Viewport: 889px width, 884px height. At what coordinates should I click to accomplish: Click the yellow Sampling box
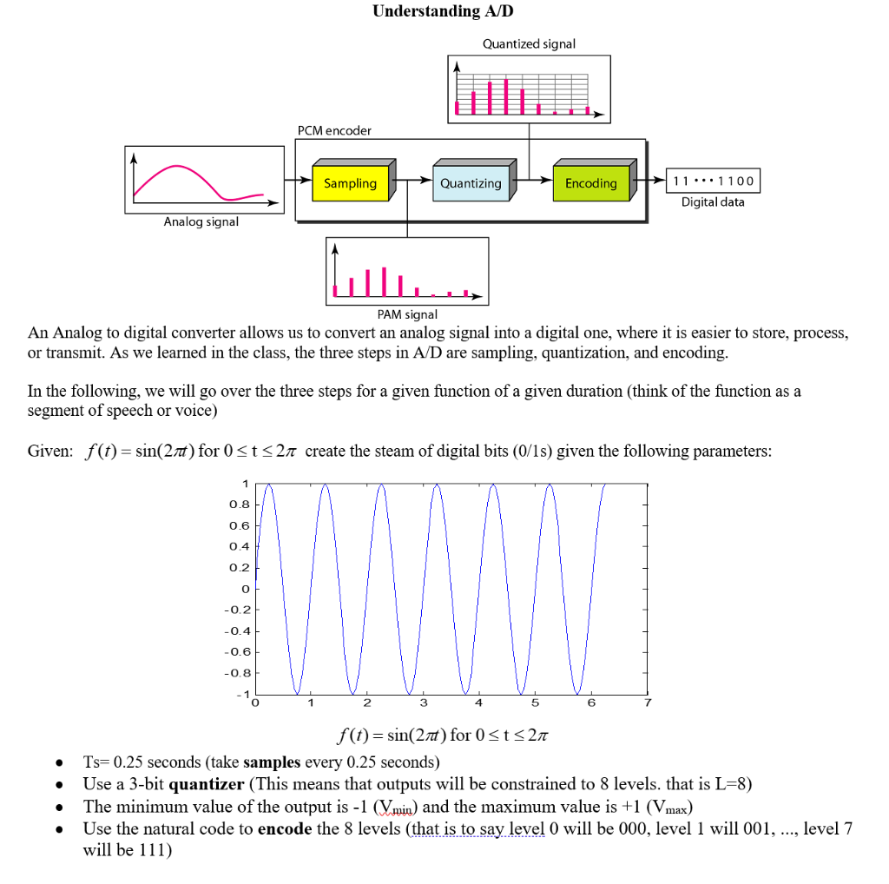coord(351,183)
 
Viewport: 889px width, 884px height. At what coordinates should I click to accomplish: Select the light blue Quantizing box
coord(470,183)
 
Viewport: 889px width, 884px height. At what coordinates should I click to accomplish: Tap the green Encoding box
coord(590,183)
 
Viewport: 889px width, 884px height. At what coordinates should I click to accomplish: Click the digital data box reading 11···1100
coord(713,181)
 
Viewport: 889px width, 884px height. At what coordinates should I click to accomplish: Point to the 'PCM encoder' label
coord(334,130)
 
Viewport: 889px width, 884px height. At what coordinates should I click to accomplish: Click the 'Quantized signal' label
coord(530,43)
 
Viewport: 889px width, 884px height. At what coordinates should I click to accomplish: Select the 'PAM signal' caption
coord(407,314)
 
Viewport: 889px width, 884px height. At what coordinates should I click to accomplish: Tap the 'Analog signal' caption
coord(201,222)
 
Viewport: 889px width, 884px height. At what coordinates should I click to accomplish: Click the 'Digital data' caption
coord(712,202)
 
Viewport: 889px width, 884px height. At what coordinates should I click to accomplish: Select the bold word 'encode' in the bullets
coord(285,828)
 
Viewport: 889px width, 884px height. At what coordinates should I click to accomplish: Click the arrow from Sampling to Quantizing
coord(414,182)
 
